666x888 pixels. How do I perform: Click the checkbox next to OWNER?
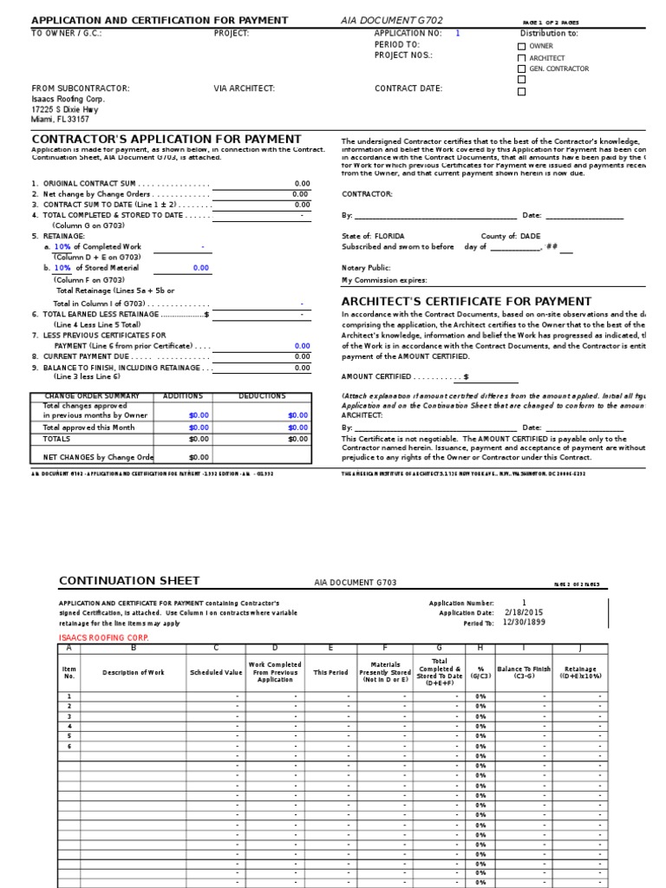(x=521, y=47)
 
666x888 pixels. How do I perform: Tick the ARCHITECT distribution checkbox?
(x=521, y=58)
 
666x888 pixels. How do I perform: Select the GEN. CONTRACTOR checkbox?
(x=521, y=69)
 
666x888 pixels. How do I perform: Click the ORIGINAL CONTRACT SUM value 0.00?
(x=302, y=184)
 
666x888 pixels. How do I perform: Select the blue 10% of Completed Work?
(x=63, y=247)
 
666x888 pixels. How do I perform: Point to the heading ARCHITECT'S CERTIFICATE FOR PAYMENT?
(x=467, y=301)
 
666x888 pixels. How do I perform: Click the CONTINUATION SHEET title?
(x=128, y=580)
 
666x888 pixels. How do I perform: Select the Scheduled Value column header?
(x=216, y=672)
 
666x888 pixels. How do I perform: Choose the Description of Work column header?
(x=133, y=672)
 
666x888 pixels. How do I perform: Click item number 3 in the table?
(x=69, y=717)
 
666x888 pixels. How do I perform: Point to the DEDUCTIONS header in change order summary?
(x=262, y=396)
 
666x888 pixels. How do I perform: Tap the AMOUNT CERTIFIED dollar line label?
(x=404, y=377)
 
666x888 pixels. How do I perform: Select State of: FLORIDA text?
(x=373, y=236)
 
